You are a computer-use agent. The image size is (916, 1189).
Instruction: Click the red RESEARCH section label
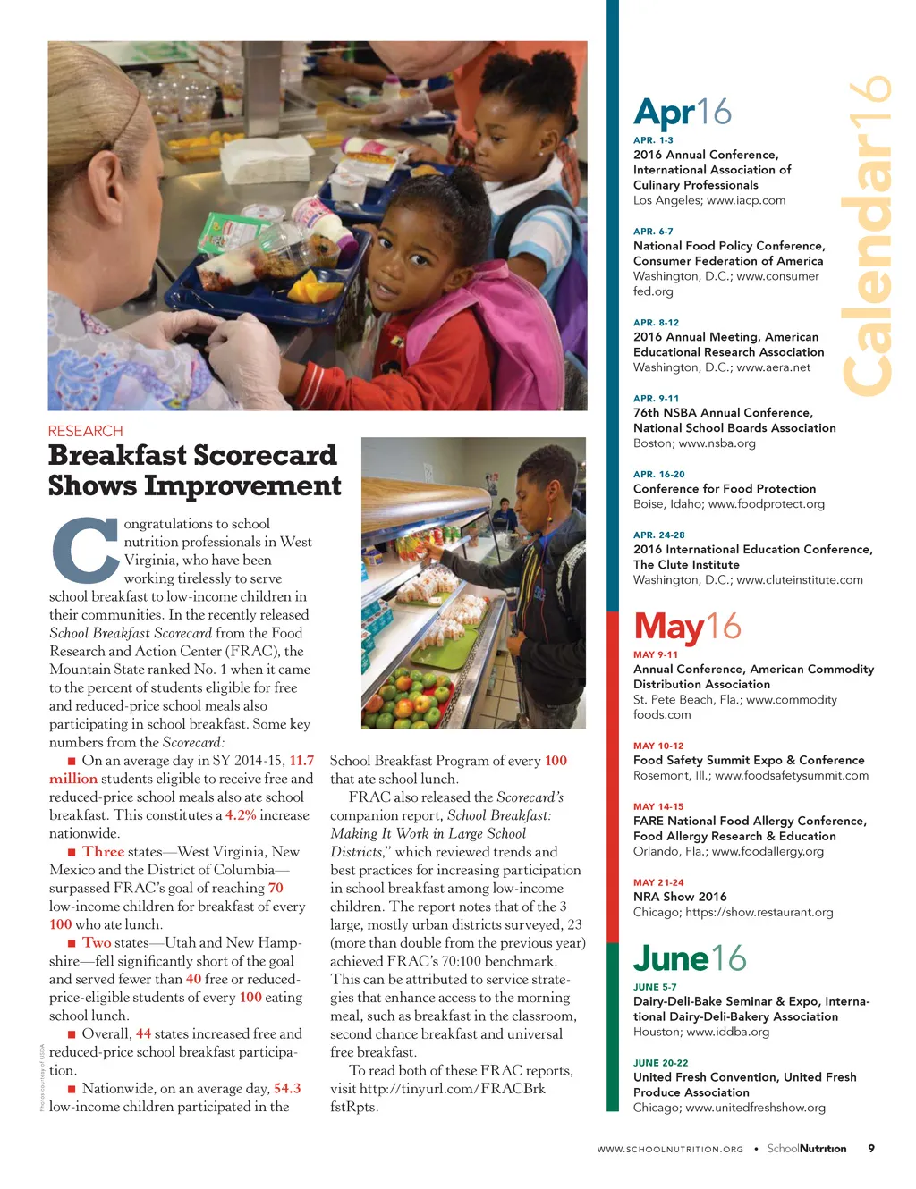click(85, 431)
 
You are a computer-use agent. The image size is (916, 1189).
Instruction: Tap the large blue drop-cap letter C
click(85, 550)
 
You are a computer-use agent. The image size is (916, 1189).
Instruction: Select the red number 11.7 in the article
click(301, 761)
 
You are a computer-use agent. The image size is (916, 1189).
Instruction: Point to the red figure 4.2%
click(241, 815)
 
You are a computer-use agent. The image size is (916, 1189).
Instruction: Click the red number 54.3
click(287, 1089)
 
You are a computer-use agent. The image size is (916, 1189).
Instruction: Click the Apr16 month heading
click(682, 113)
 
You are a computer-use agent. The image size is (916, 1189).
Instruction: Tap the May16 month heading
click(687, 627)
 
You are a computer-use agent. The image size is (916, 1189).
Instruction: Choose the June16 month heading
click(689, 958)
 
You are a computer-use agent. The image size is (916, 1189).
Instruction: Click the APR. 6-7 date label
click(653, 232)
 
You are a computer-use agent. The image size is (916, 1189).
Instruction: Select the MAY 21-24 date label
click(658, 882)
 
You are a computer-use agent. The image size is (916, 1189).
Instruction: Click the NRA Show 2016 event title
click(680, 897)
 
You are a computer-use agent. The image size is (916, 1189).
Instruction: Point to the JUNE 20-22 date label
click(660, 1063)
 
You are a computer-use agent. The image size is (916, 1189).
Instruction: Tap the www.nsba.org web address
click(717, 443)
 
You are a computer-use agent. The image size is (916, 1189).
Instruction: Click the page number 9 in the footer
click(871, 1149)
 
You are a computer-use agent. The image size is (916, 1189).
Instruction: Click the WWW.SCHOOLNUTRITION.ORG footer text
click(670, 1150)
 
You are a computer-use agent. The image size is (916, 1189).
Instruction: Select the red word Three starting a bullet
click(103, 852)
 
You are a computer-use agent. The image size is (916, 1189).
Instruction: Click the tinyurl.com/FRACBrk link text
click(452, 1089)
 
